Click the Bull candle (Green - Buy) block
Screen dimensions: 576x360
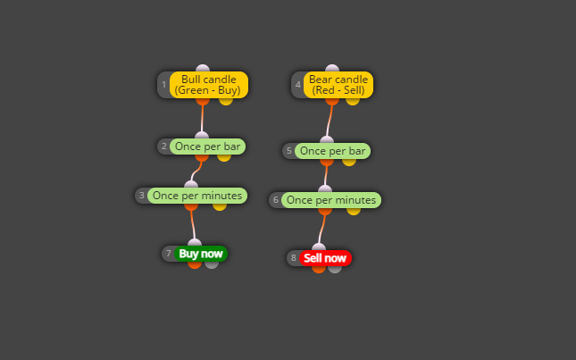coord(209,85)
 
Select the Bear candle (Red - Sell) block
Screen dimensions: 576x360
coord(338,85)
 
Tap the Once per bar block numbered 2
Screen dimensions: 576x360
coord(207,147)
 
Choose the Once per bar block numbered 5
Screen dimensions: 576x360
coord(332,151)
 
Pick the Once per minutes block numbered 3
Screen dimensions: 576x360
coord(197,196)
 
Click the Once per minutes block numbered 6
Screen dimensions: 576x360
coord(331,200)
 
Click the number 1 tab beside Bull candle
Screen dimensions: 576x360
coord(163,85)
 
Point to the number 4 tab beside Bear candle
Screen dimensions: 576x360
coord(298,85)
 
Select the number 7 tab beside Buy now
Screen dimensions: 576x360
coord(169,254)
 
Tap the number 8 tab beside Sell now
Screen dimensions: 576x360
coord(294,258)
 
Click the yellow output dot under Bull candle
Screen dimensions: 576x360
coord(226,101)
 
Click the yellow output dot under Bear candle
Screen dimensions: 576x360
coord(353,101)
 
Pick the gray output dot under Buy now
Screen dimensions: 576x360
coord(212,264)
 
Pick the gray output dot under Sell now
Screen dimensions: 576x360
coord(335,269)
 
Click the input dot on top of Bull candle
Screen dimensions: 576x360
coord(203,68)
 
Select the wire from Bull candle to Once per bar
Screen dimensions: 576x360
coord(202,118)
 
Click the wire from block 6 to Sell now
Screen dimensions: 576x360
coord(322,229)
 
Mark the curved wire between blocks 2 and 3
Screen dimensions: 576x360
coord(196,172)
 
